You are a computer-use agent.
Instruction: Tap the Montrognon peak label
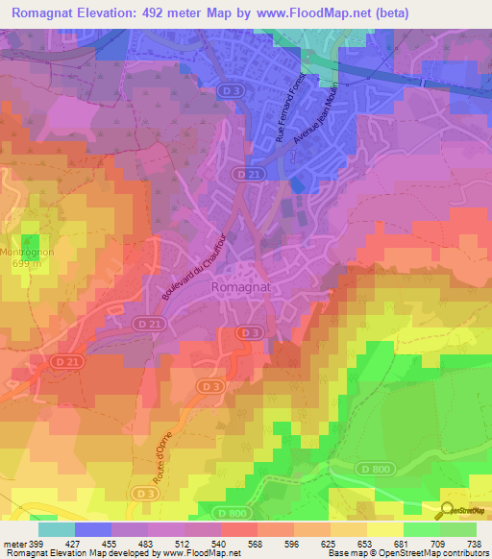[x=31, y=253]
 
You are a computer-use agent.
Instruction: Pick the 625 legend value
[x=330, y=543]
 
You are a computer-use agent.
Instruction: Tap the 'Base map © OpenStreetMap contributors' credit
[x=420, y=553]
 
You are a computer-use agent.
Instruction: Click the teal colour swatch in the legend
[x=57, y=528]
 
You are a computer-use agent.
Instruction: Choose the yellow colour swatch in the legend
[x=384, y=528]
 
